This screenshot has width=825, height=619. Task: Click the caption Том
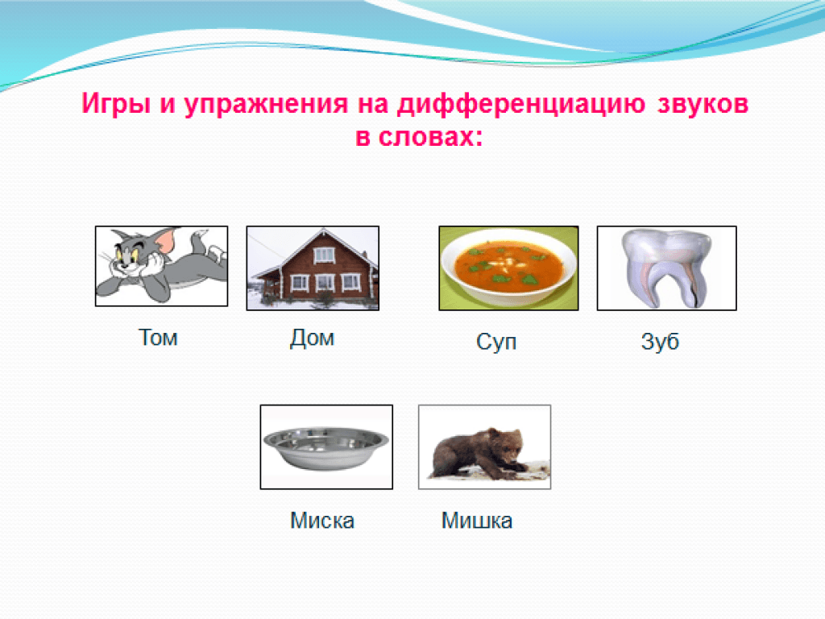(158, 338)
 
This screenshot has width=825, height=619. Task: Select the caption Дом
(312, 338)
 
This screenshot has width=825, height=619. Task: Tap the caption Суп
(496, 342)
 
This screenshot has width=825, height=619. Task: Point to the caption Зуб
(660, 341)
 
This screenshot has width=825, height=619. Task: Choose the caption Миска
(322, 521)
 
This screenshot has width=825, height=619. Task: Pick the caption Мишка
(477, 521)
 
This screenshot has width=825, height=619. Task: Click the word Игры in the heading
(116, 104)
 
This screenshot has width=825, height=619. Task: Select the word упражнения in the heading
(266, 104)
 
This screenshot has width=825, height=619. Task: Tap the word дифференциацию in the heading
(521, 104)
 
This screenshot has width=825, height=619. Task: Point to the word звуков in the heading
(703, 104)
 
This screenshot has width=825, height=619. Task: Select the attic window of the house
(324, 255)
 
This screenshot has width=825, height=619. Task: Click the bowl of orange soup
(509, 268)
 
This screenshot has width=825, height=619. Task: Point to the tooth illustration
(666, 268)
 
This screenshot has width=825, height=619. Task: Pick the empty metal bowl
(326, 447)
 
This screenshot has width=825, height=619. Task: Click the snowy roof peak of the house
(324, 230)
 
